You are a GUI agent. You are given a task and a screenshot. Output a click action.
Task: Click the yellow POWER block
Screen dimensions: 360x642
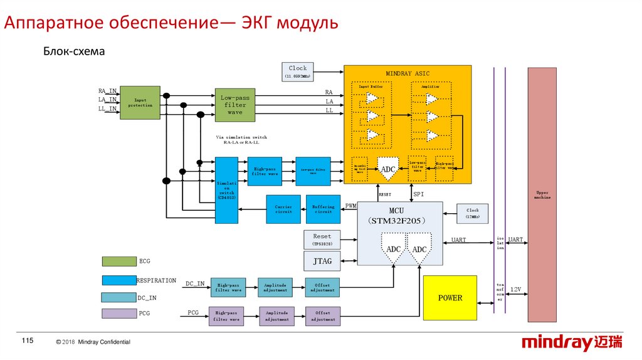450,298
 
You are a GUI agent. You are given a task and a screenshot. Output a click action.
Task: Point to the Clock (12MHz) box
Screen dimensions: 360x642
472,213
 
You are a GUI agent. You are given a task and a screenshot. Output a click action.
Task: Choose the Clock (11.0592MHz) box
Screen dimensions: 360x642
298,71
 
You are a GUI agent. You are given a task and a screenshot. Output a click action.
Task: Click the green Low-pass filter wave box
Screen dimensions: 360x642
235,105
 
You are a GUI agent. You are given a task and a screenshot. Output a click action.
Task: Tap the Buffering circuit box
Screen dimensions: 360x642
323,209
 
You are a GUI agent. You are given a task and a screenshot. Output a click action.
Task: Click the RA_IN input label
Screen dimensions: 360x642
107,92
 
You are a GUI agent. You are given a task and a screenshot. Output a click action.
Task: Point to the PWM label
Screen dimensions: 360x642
350,206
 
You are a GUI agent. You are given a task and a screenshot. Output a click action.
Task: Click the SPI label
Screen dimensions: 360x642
419,194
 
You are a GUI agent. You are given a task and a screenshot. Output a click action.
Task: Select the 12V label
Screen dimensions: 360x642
515,289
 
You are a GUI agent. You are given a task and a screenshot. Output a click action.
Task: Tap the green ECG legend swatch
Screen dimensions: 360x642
119,261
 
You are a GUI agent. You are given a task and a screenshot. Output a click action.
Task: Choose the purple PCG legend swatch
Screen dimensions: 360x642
119,313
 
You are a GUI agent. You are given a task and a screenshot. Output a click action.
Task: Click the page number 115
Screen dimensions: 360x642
27,341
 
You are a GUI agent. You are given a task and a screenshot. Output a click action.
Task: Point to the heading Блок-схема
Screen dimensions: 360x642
73,51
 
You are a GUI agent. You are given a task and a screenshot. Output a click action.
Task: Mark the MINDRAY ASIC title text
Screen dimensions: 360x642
408,73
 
